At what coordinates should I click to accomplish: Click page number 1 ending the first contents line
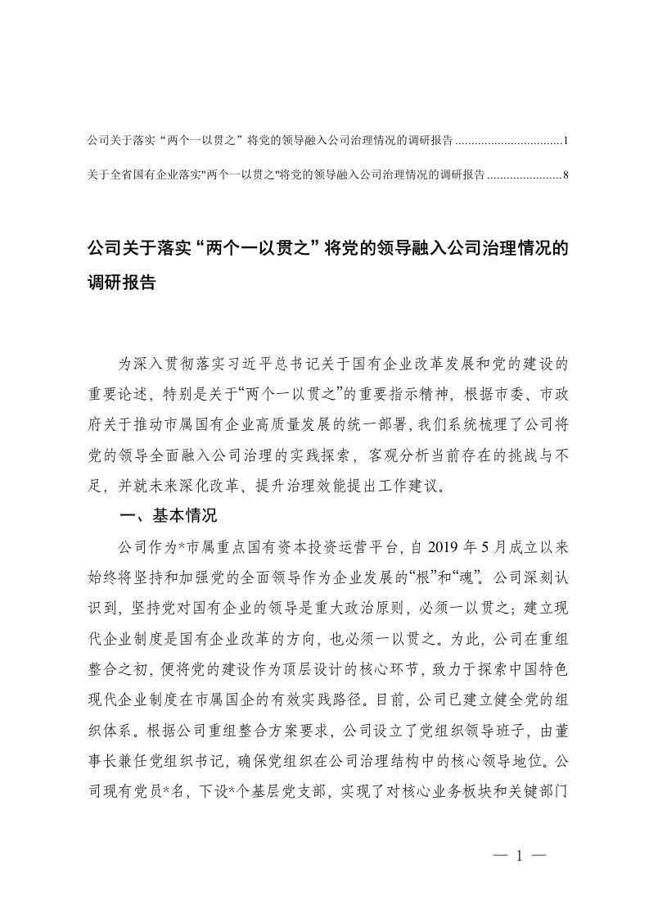tap(566, 141)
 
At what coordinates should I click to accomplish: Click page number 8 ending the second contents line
tap(566, 174)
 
